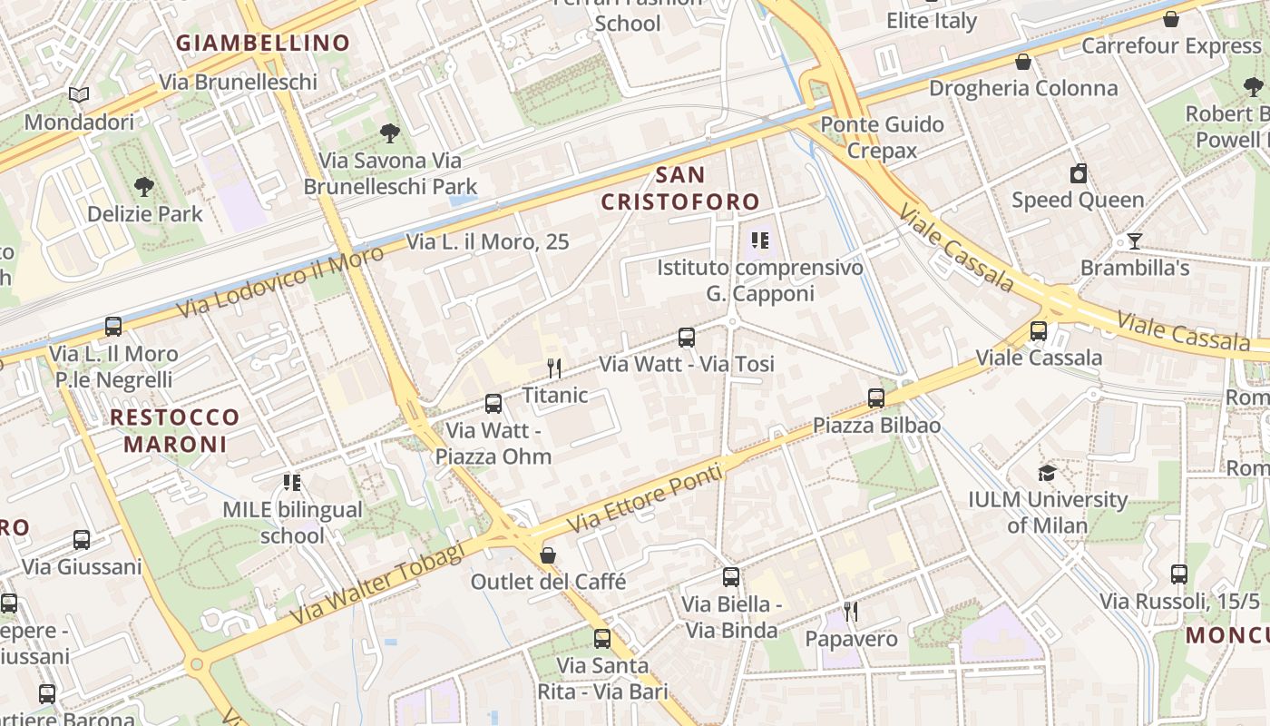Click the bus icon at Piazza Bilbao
point(875,397)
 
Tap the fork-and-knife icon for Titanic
point(554,368)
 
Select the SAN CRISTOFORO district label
point(680,188)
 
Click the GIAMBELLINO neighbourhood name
point(263,43)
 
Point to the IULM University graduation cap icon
point(1047,473)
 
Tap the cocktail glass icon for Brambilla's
point(1134,240)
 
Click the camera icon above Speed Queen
point(1079,173)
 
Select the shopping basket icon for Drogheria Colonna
point(1023,62)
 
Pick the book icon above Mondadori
point(79,94)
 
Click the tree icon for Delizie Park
point(143,187)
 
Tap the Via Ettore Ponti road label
point(645,499)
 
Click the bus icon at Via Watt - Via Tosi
point(687,338)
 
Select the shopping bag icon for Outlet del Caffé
point(548,554)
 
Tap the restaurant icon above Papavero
point(851,612)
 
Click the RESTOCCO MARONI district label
point(174,430)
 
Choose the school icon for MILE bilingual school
point(292,482)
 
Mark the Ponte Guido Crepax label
point(882,137)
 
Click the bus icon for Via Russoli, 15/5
point(1179,574)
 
